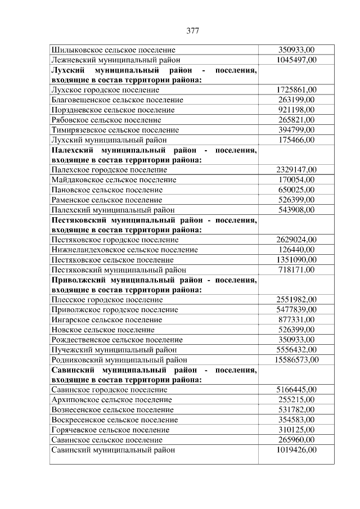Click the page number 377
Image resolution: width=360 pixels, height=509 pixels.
point(192,31)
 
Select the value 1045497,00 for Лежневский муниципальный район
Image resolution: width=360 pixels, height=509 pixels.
point(296,60)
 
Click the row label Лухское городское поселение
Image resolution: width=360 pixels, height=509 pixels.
point(105,89)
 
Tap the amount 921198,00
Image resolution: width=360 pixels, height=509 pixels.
point(296,110)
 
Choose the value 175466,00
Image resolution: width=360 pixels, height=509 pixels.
point(296,139)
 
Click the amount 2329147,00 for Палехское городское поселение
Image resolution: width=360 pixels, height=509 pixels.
point(296,169)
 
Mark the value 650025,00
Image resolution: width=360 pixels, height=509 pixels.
point(296,190)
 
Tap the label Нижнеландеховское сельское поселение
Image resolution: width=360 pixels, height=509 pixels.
point(124,249)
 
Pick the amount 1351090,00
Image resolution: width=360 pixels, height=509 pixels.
point(296,259)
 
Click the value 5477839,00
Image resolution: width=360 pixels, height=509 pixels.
point(296,309)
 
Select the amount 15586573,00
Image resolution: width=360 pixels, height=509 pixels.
point(296,359)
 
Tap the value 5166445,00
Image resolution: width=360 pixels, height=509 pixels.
point(296,389)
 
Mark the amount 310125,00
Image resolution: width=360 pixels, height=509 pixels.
point(296,430)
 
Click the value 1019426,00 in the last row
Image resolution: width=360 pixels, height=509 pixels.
point(296,449)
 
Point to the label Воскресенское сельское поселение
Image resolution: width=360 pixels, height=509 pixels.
point(114,420)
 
